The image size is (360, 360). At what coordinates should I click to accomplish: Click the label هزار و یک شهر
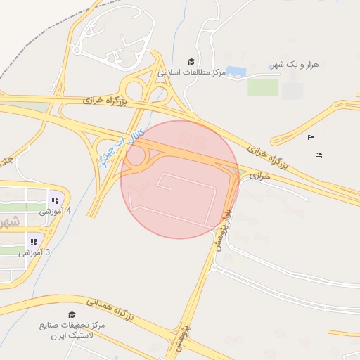point(295,65)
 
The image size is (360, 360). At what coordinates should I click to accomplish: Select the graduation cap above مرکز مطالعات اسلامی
point(191,62)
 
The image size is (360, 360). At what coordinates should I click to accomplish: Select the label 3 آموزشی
point(32,252)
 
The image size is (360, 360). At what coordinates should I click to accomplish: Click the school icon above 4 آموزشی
point(54,200)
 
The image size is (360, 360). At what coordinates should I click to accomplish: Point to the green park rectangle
point(262,87)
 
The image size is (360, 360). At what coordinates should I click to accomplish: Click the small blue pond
point(235,72)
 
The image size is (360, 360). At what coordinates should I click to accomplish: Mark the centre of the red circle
point(179,179)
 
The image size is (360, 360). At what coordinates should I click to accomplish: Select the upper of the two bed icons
point(311,137)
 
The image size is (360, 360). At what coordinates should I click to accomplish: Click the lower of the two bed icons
point(319,154)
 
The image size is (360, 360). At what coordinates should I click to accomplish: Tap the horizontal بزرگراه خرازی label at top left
point(103,101)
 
